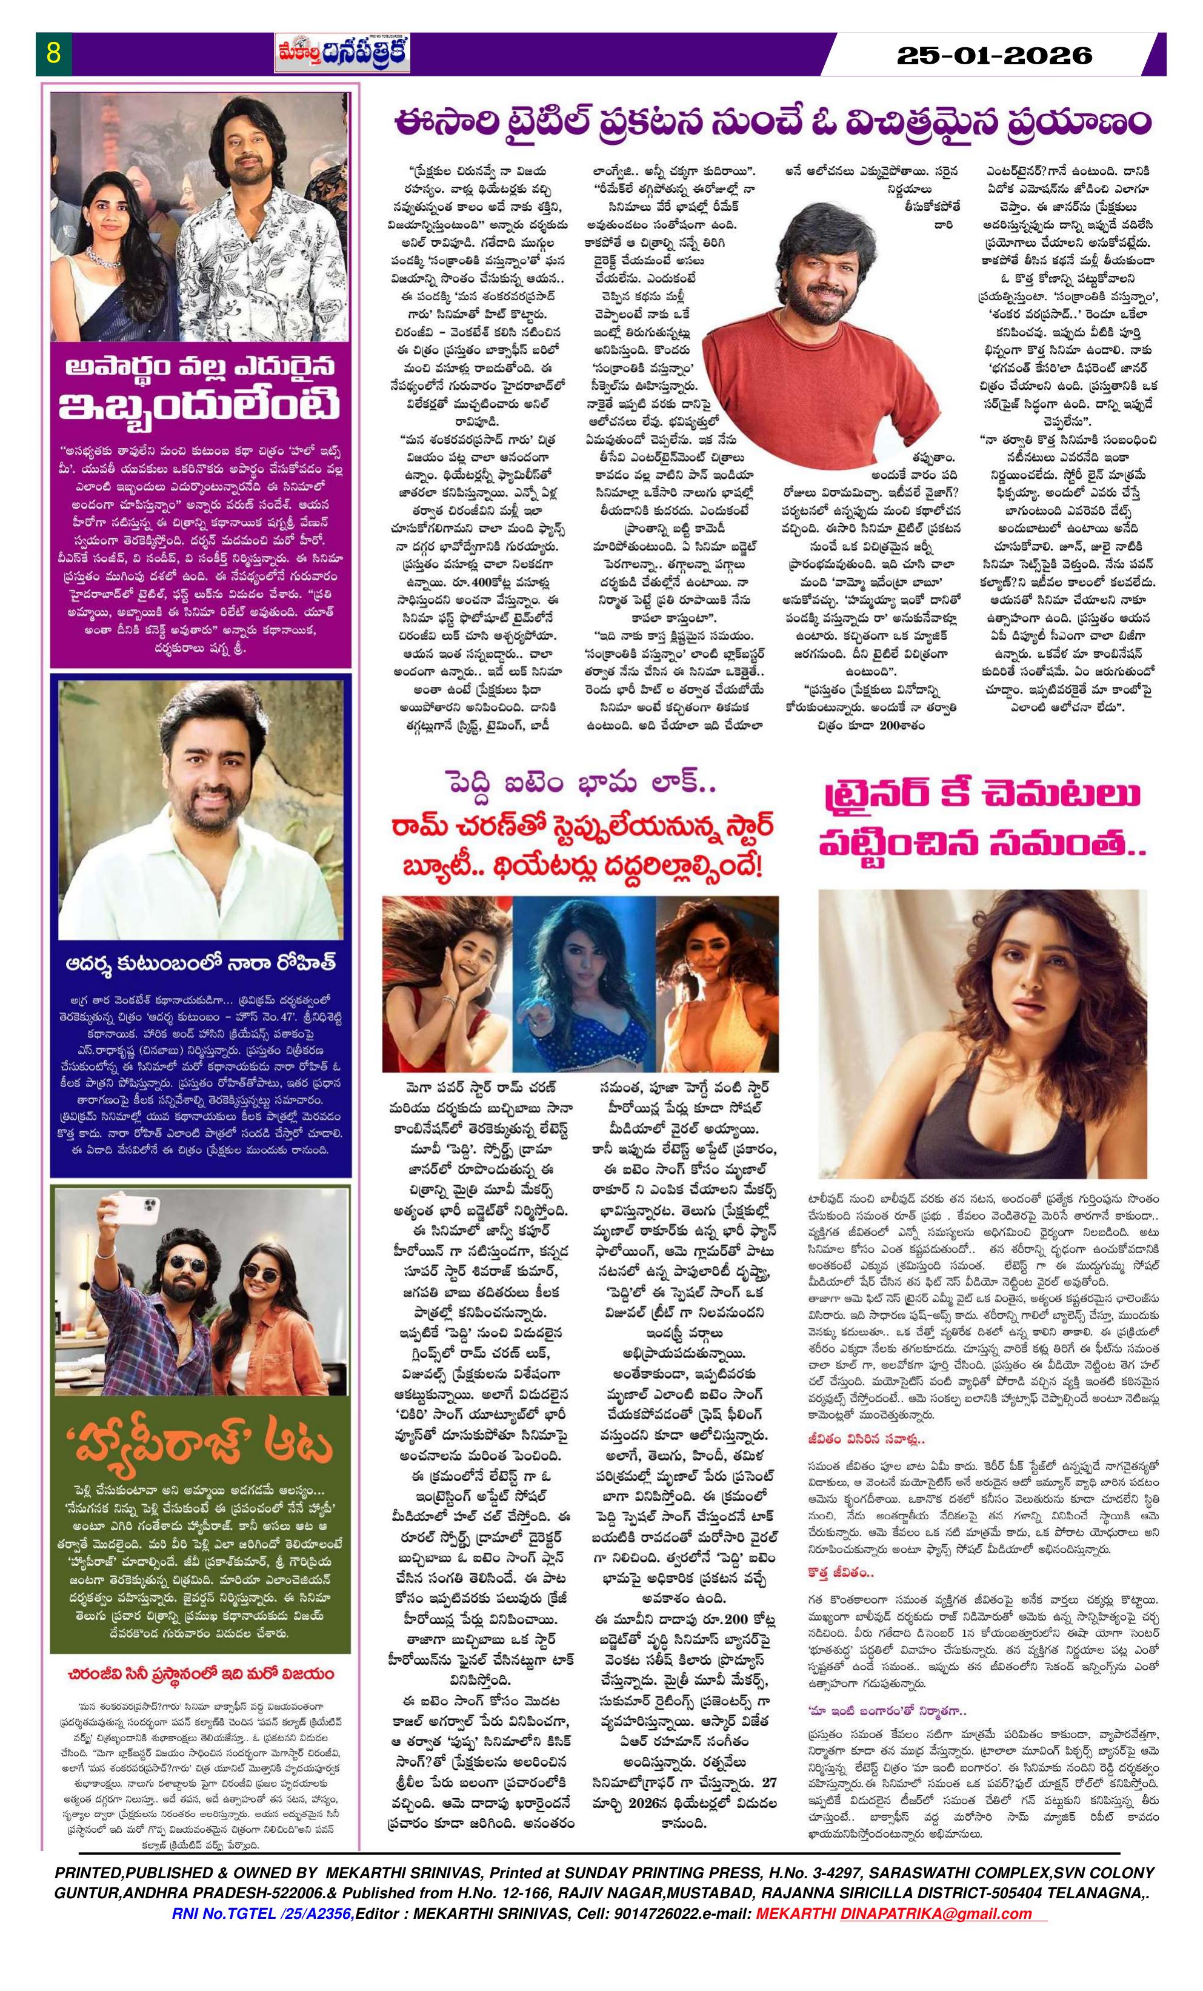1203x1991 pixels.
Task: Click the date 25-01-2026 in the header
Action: [995, 56]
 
